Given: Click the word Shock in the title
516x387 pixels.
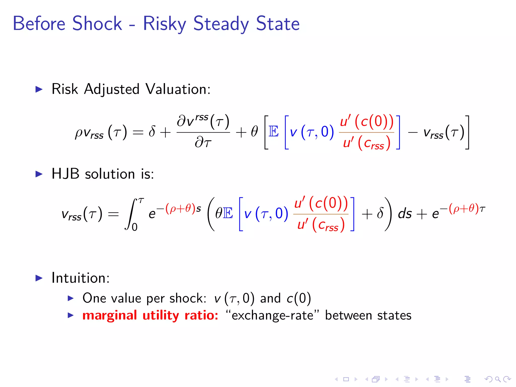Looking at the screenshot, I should click(x=97, y=23).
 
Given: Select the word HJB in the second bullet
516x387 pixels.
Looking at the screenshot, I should click(x=66, y=174).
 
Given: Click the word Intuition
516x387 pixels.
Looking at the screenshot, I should click(x=80, y=278).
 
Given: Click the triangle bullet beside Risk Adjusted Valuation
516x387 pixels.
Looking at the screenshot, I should click(x=39, y=89).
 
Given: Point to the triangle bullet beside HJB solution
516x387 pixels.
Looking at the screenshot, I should click(x=39, y=174).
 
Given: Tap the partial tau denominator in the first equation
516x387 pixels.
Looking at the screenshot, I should click(x=203, y=143).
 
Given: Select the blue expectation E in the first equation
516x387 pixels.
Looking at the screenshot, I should click(x=274, y=132).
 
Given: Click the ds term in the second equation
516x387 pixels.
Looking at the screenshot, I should click(x=405, y=214).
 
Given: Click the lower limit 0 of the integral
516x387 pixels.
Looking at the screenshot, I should click(x=135, y=227).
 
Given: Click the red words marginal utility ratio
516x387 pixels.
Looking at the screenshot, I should click(x=150, y=315).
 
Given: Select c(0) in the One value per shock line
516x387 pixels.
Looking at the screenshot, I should click(x=299, y=298).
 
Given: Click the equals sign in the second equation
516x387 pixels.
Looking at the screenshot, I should click(x=113, y=214).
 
